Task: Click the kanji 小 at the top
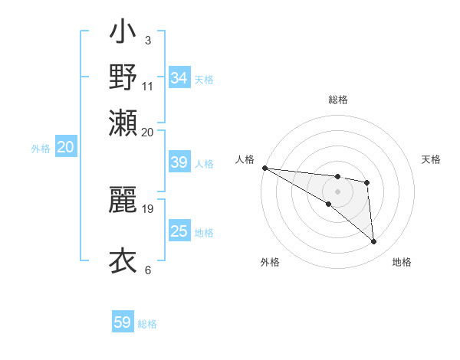click(x=123, y=34)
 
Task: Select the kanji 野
click(x=123, y=77)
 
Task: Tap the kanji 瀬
click(x=123, y=123)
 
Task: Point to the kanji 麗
click(x=123, y=200)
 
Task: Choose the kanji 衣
click(x=123, y=260)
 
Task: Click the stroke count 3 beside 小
click(x=148, y=39)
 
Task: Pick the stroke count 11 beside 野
click(x=148, y=86)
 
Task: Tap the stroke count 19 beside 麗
click(x=148, y=208)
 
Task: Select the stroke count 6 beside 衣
click(x=148, y=270)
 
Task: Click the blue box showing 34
click(x=179, y=78)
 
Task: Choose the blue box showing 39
click(x=179, y=162)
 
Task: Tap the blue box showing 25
click(x=179, y=231)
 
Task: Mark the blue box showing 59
click(x=123, y=322)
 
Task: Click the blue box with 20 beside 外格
click(x=65, y=148)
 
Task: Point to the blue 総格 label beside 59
click(x=147, y=324)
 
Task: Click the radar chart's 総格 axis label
click(x=337, y=100)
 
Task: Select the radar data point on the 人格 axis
click(x=264, y=168)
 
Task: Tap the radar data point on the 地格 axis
click(x=374, y=242)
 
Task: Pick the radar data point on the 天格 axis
click(x=367, y=182)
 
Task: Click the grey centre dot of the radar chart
click(x=337, y=191)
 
